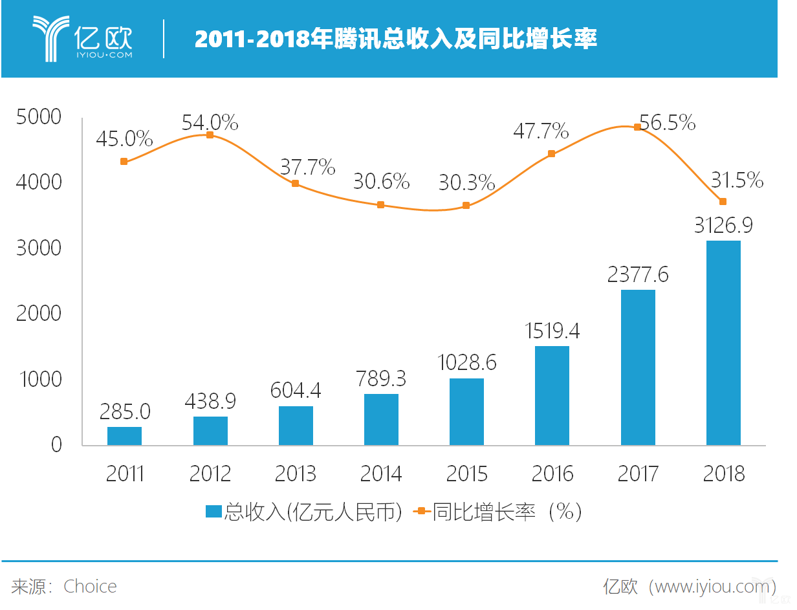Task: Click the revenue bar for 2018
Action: click(x=723, y=343)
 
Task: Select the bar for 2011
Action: click(x=124, y=436)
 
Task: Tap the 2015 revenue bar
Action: click(x=466, y=411)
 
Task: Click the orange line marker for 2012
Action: click(x=210, y=135)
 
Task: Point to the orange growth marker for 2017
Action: click(x=637, y=127)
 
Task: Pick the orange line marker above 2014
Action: click(x=380, y=205)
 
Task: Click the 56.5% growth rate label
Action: click(x=667, y=122)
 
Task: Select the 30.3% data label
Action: click(x=466, y=182)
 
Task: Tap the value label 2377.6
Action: click(x=637, y=274)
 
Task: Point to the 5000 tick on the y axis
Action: click(x=39, y=117)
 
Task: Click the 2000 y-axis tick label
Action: click(x=39, y=314)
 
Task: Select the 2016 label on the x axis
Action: click(x=552, y=474)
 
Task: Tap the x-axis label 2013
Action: click(x=296, y=474)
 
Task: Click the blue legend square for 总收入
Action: click(x=213, y=512)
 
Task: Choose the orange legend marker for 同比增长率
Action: click(x=421, y=512)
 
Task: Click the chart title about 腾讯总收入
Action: click(x=395, y=39)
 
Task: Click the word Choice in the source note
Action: click(x=90, y=587)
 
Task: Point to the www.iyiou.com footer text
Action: click(x=711, y=587)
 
